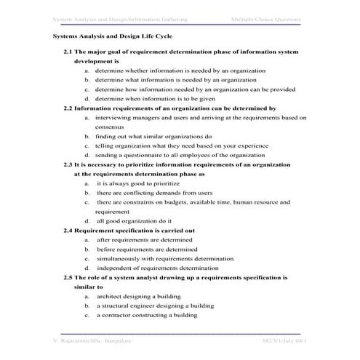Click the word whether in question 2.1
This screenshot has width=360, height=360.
[x=138, y=71]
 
